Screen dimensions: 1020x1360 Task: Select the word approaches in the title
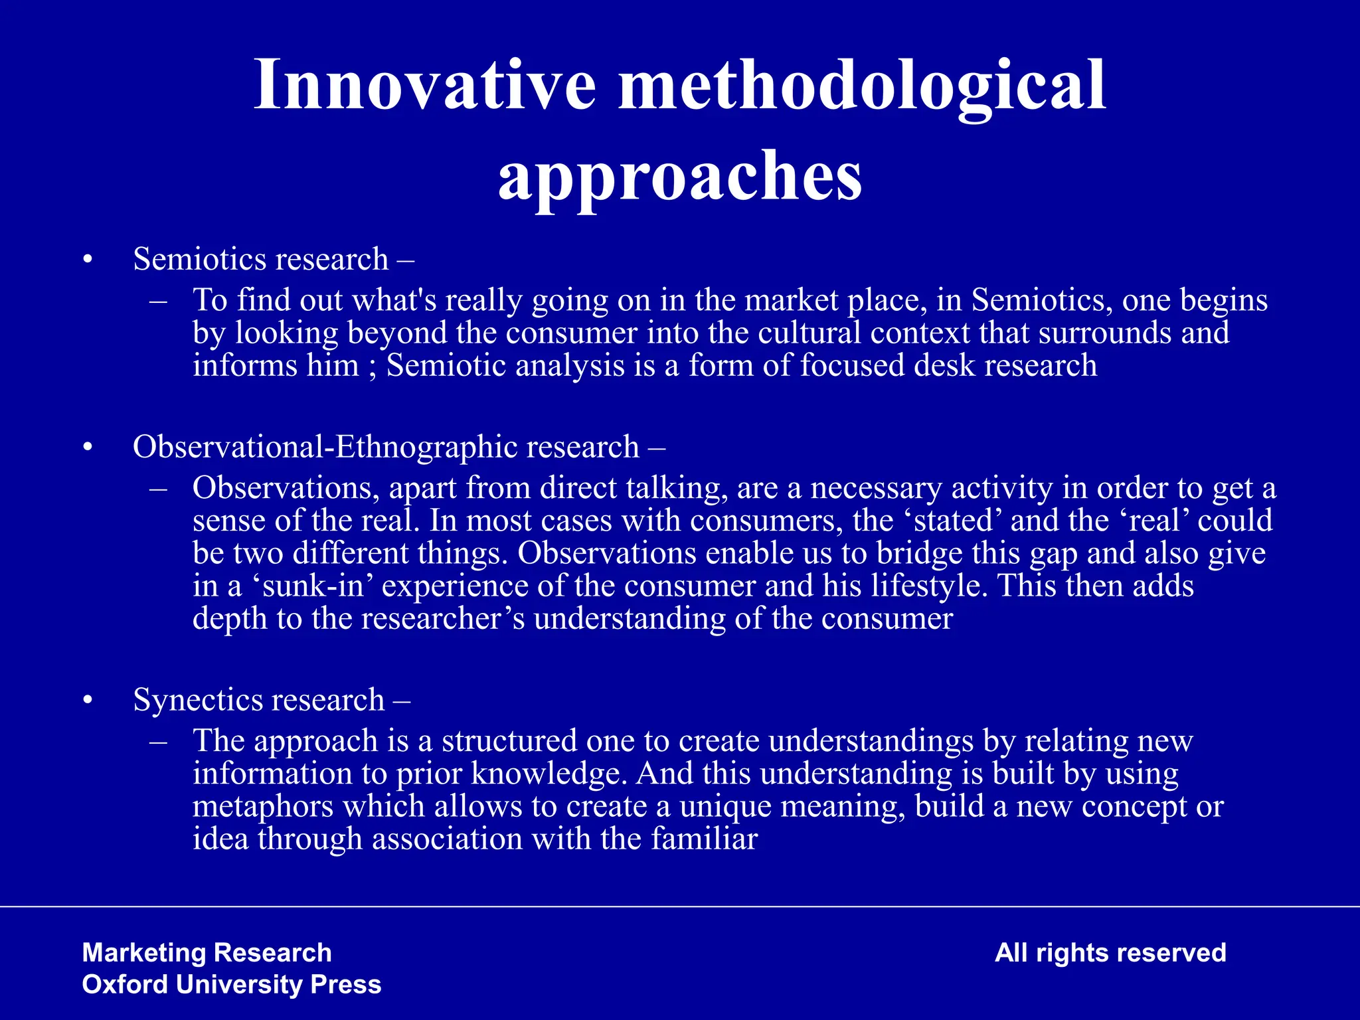point(680,175)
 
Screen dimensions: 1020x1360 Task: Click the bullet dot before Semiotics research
point(87,260)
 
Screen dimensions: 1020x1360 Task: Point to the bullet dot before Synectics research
point(87,701)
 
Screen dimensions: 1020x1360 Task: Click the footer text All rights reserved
point(1110,953)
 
